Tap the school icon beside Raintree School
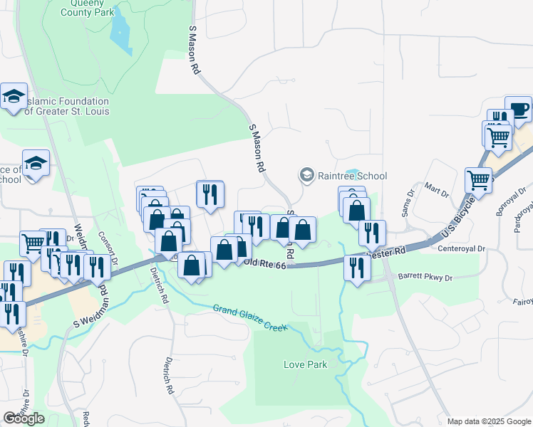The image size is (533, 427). (307, 175)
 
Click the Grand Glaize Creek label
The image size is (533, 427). (249, 318)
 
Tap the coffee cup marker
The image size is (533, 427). (518, 110)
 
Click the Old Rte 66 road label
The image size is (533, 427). (264, 264)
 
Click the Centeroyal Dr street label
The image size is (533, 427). (461, 249)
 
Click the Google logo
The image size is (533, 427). (24, 418)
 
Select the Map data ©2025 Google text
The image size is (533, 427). (490, 421)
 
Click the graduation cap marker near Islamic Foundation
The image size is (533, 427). (14, 97)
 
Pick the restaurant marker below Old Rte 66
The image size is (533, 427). (356, 268)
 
